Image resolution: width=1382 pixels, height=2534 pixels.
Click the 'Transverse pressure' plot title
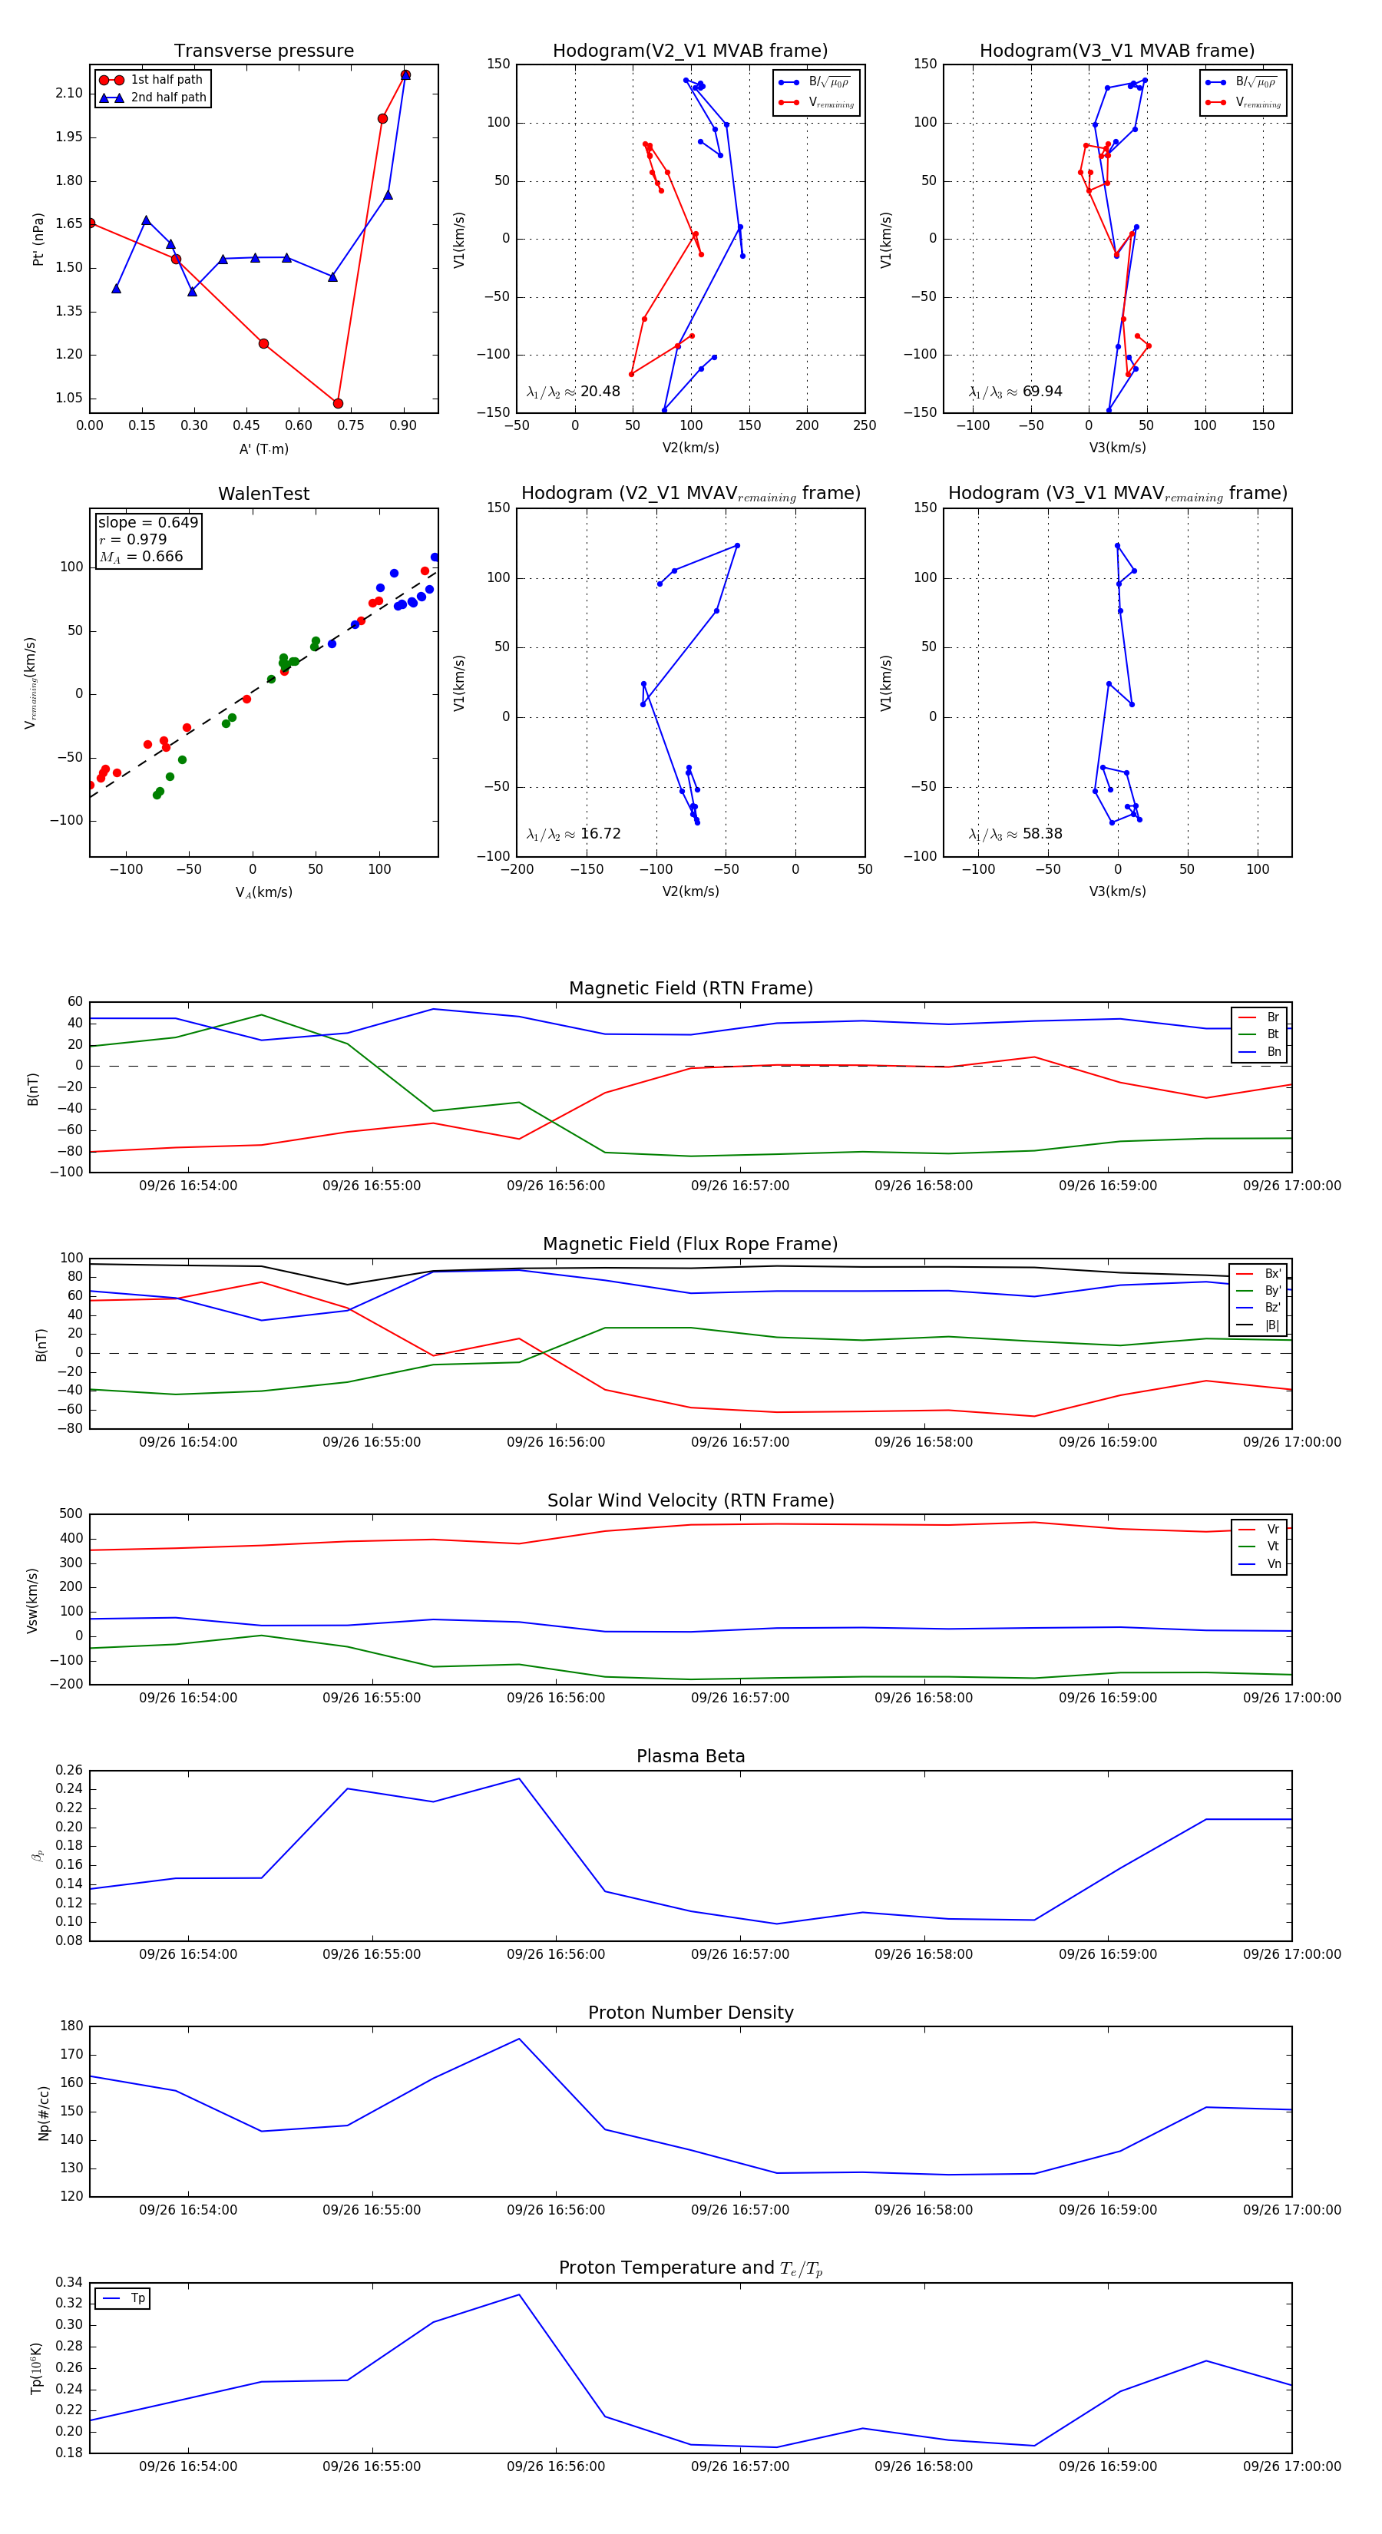pos(263,51)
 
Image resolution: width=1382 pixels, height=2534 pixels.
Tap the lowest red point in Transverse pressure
pos(339,403)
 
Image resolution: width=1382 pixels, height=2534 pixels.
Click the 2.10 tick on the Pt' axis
pos(69,94)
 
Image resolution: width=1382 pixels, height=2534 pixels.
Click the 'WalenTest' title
pos(263,494)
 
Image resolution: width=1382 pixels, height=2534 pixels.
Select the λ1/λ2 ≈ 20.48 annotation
pos(574,392)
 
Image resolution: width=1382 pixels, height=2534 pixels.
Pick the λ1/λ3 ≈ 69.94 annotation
pos(1015,392)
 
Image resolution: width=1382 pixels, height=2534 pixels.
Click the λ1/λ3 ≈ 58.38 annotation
pos(1015,834)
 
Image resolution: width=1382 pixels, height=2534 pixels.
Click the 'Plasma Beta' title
pos(690,1757)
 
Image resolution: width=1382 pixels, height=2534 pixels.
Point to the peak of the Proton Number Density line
pos(519,2038)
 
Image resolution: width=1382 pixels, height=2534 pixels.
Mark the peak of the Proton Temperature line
pos(519,2295)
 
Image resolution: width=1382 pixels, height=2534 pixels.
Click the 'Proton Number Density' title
pos(690,2013)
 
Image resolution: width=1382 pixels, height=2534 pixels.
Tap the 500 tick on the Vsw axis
pos(71,1514)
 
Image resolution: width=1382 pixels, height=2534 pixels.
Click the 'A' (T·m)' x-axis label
pos(263,449)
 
